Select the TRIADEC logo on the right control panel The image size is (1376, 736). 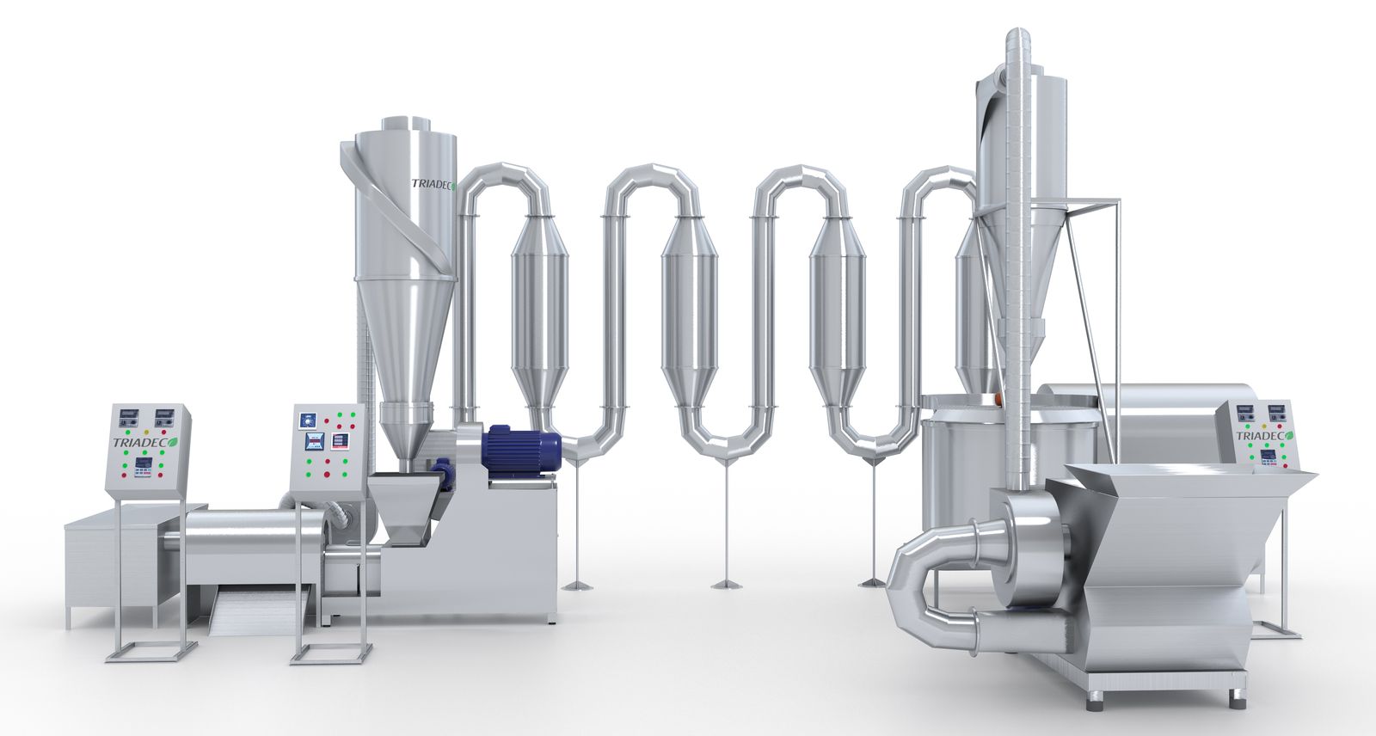1265,436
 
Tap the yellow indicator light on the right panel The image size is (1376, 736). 1263,425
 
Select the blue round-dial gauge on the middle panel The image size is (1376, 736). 307,420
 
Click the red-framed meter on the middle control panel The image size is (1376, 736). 340,441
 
